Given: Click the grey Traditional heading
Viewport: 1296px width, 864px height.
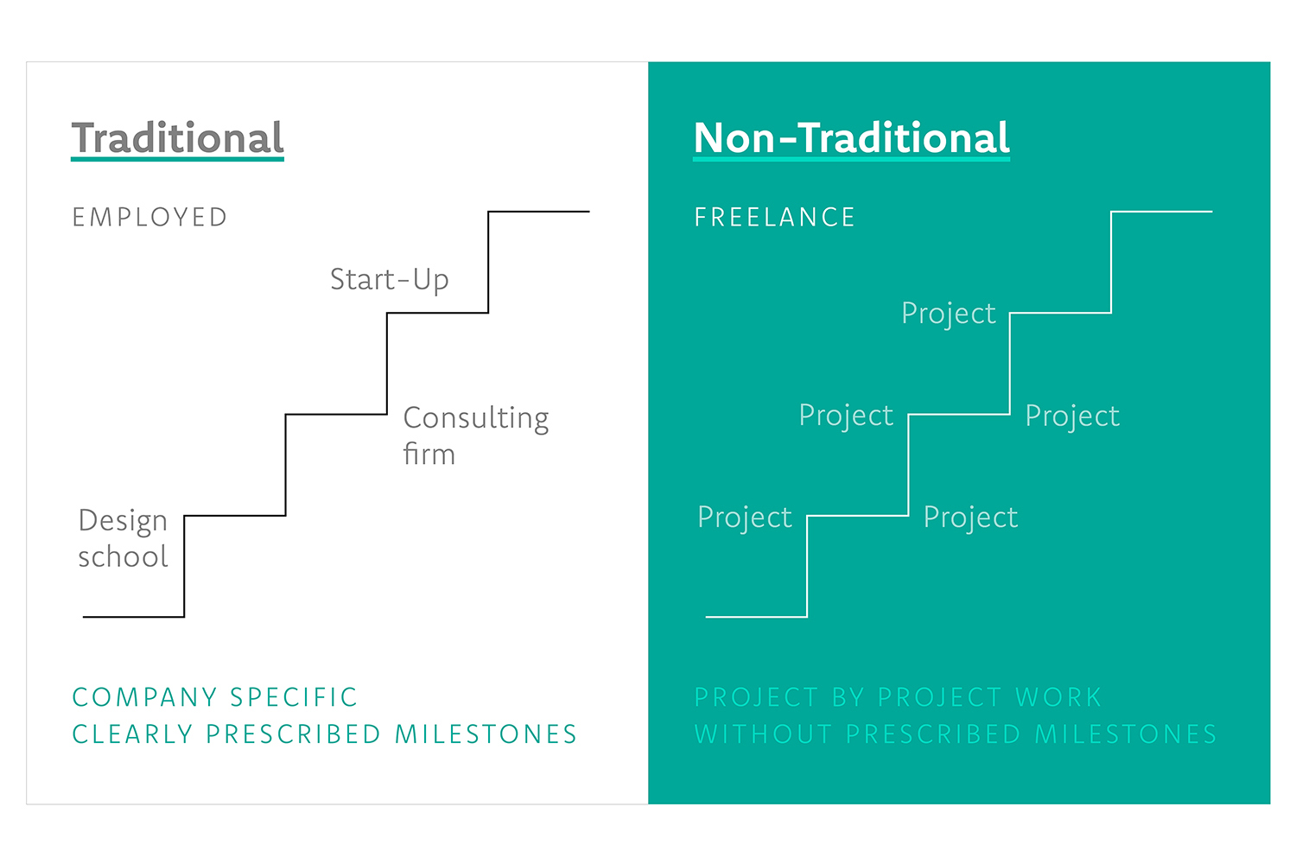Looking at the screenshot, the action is (177, 137).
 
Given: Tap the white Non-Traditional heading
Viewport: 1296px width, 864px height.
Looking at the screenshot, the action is (851, 137).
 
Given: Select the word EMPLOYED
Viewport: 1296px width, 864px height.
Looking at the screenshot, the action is (149, 218).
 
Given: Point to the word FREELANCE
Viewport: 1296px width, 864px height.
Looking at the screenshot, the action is (774, 218).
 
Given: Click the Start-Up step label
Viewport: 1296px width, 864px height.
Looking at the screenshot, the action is (390, 280).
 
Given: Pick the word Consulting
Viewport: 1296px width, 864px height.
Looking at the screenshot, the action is (476, 418).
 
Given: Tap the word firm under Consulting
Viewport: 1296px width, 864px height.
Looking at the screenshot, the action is (429, 454).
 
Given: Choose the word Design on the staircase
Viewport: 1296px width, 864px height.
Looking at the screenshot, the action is (123, 521).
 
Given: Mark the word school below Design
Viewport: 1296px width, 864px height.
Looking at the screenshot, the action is (123, 556).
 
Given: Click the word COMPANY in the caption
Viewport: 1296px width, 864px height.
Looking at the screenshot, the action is (144, 697).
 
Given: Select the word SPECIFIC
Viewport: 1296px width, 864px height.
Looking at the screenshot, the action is (294, 697).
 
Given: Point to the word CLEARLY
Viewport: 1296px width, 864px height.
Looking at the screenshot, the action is (132, 734).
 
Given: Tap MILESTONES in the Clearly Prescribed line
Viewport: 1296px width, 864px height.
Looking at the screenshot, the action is (486, 734).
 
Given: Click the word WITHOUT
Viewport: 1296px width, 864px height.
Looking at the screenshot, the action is (763, 734).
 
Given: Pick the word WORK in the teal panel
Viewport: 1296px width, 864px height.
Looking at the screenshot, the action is (1058, 697).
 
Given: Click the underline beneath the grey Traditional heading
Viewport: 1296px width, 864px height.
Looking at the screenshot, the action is (177, 158).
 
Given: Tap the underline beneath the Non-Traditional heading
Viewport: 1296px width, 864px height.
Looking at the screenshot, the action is (851, 158).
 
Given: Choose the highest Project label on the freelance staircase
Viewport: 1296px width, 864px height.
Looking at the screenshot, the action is (949, 314).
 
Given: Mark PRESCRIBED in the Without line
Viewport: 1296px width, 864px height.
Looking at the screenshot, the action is (932, 734).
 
